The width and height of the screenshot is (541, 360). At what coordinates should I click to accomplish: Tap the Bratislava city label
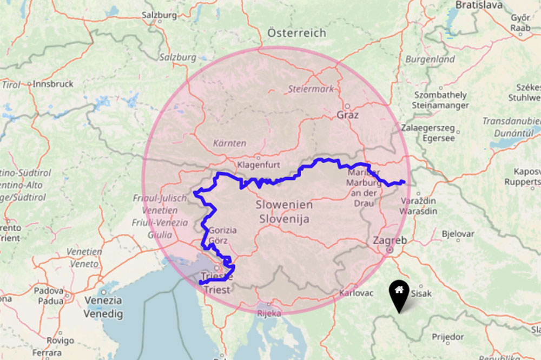479,5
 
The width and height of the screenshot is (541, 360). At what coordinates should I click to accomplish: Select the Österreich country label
296,33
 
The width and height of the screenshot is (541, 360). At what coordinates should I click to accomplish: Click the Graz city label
347,115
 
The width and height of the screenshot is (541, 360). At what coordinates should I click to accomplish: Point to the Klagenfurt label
258,163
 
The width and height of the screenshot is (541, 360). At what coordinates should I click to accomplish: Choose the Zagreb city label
390,240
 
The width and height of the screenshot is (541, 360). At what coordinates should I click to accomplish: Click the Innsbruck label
52,84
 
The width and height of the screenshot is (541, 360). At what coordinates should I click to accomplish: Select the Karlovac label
356,293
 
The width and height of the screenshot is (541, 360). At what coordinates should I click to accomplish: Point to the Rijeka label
269,313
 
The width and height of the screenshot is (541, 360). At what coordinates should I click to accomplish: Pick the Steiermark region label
311,89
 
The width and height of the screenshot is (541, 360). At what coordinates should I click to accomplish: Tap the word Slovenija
284,219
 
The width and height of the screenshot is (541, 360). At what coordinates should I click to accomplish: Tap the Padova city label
48,291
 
